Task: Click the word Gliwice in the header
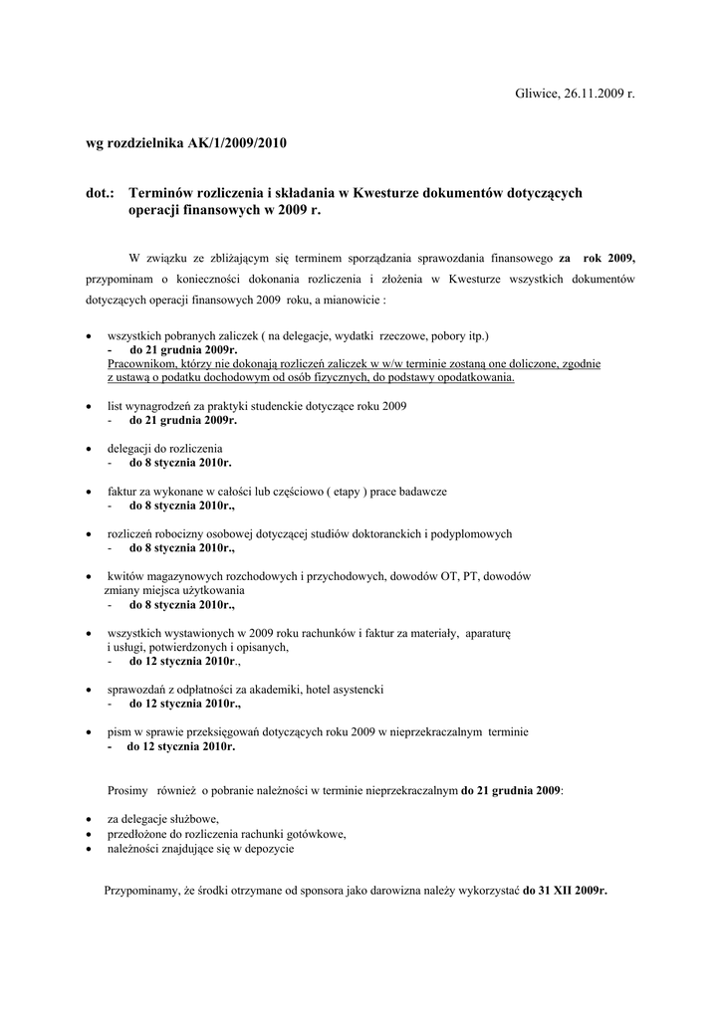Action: pyautogui.click(x=537, y=93)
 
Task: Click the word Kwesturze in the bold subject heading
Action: pyautogui.click(x=386, y=192)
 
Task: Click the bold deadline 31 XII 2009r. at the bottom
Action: pyautogui.click(x=565, y=891)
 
